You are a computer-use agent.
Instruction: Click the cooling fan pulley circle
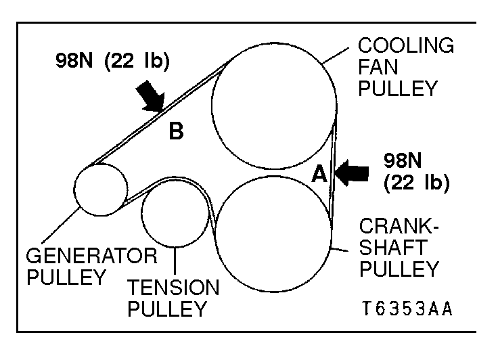pyautogui.click(x=274, y=106)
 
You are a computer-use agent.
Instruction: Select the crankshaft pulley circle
pyautogui.click(x=273, y=231)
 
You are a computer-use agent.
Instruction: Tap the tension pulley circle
pyautogui.click(x=175, y=214)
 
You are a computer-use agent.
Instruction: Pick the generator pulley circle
pyautogui.click(x=101, y=189)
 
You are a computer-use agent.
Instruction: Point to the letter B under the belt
pyautogui.click(x=176, y=131)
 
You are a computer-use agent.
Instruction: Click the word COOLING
pyautogui.click(x=406, y=46)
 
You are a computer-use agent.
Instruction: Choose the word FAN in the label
pyautogui.click(x=377, y=68)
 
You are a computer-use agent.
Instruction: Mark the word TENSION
pyautogui.click(x=173, y=288)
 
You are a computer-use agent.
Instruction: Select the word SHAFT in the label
pyautogui.click(x=392, y=248)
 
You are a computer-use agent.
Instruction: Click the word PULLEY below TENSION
pyautogui.click(x=166, y=310)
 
